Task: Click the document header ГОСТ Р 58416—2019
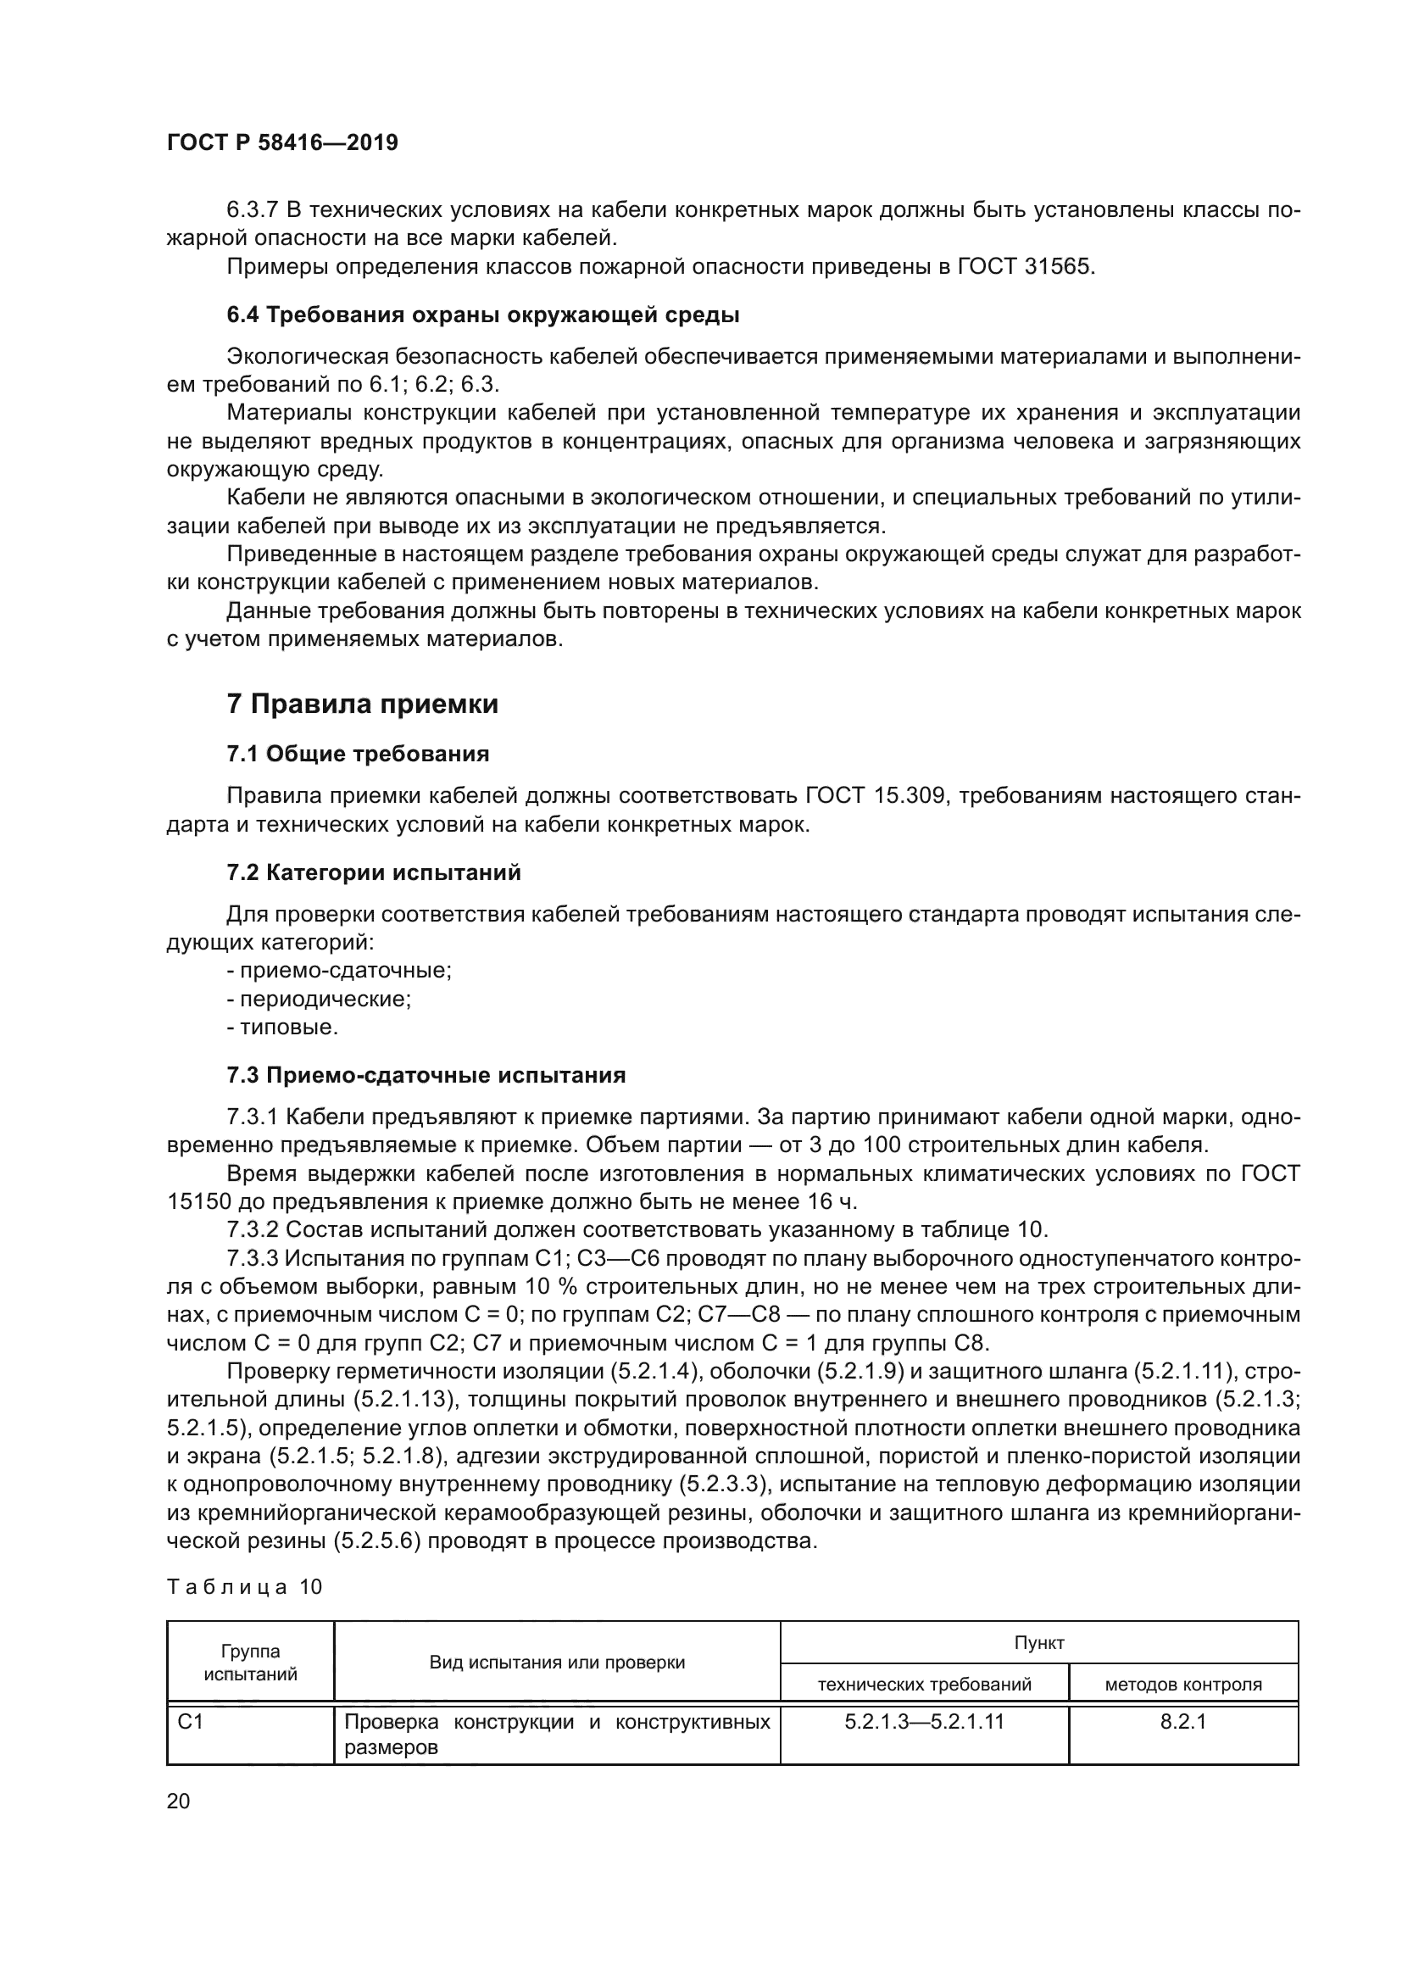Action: [x=282, y=143]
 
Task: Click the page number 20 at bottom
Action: [x=178, y=1801]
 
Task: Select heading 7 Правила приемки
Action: [x=363, y=704]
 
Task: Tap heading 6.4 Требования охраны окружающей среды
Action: [x=482, y=315]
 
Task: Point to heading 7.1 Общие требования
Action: [x=358, y=754]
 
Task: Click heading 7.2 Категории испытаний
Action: [x=374, y=872]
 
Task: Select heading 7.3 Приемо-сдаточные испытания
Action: [x=426, y=1075]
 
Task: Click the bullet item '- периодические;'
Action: [x=319, y=1000]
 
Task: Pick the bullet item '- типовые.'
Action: [x=282, y=1028]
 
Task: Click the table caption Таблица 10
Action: [x=244, y=1586]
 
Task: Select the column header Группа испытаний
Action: [x=250, y=1663]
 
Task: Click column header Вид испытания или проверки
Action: [x=557, y=1663]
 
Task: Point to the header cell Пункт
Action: [x=1038, y=1643]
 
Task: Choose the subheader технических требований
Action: [x=924, y=1685]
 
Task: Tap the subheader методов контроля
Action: [x=1182, y=1685]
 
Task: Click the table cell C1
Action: [x=191, y=1722]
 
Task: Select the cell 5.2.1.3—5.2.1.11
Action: [x=924, y=1722]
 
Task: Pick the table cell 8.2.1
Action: [x=1182, y=1722]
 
